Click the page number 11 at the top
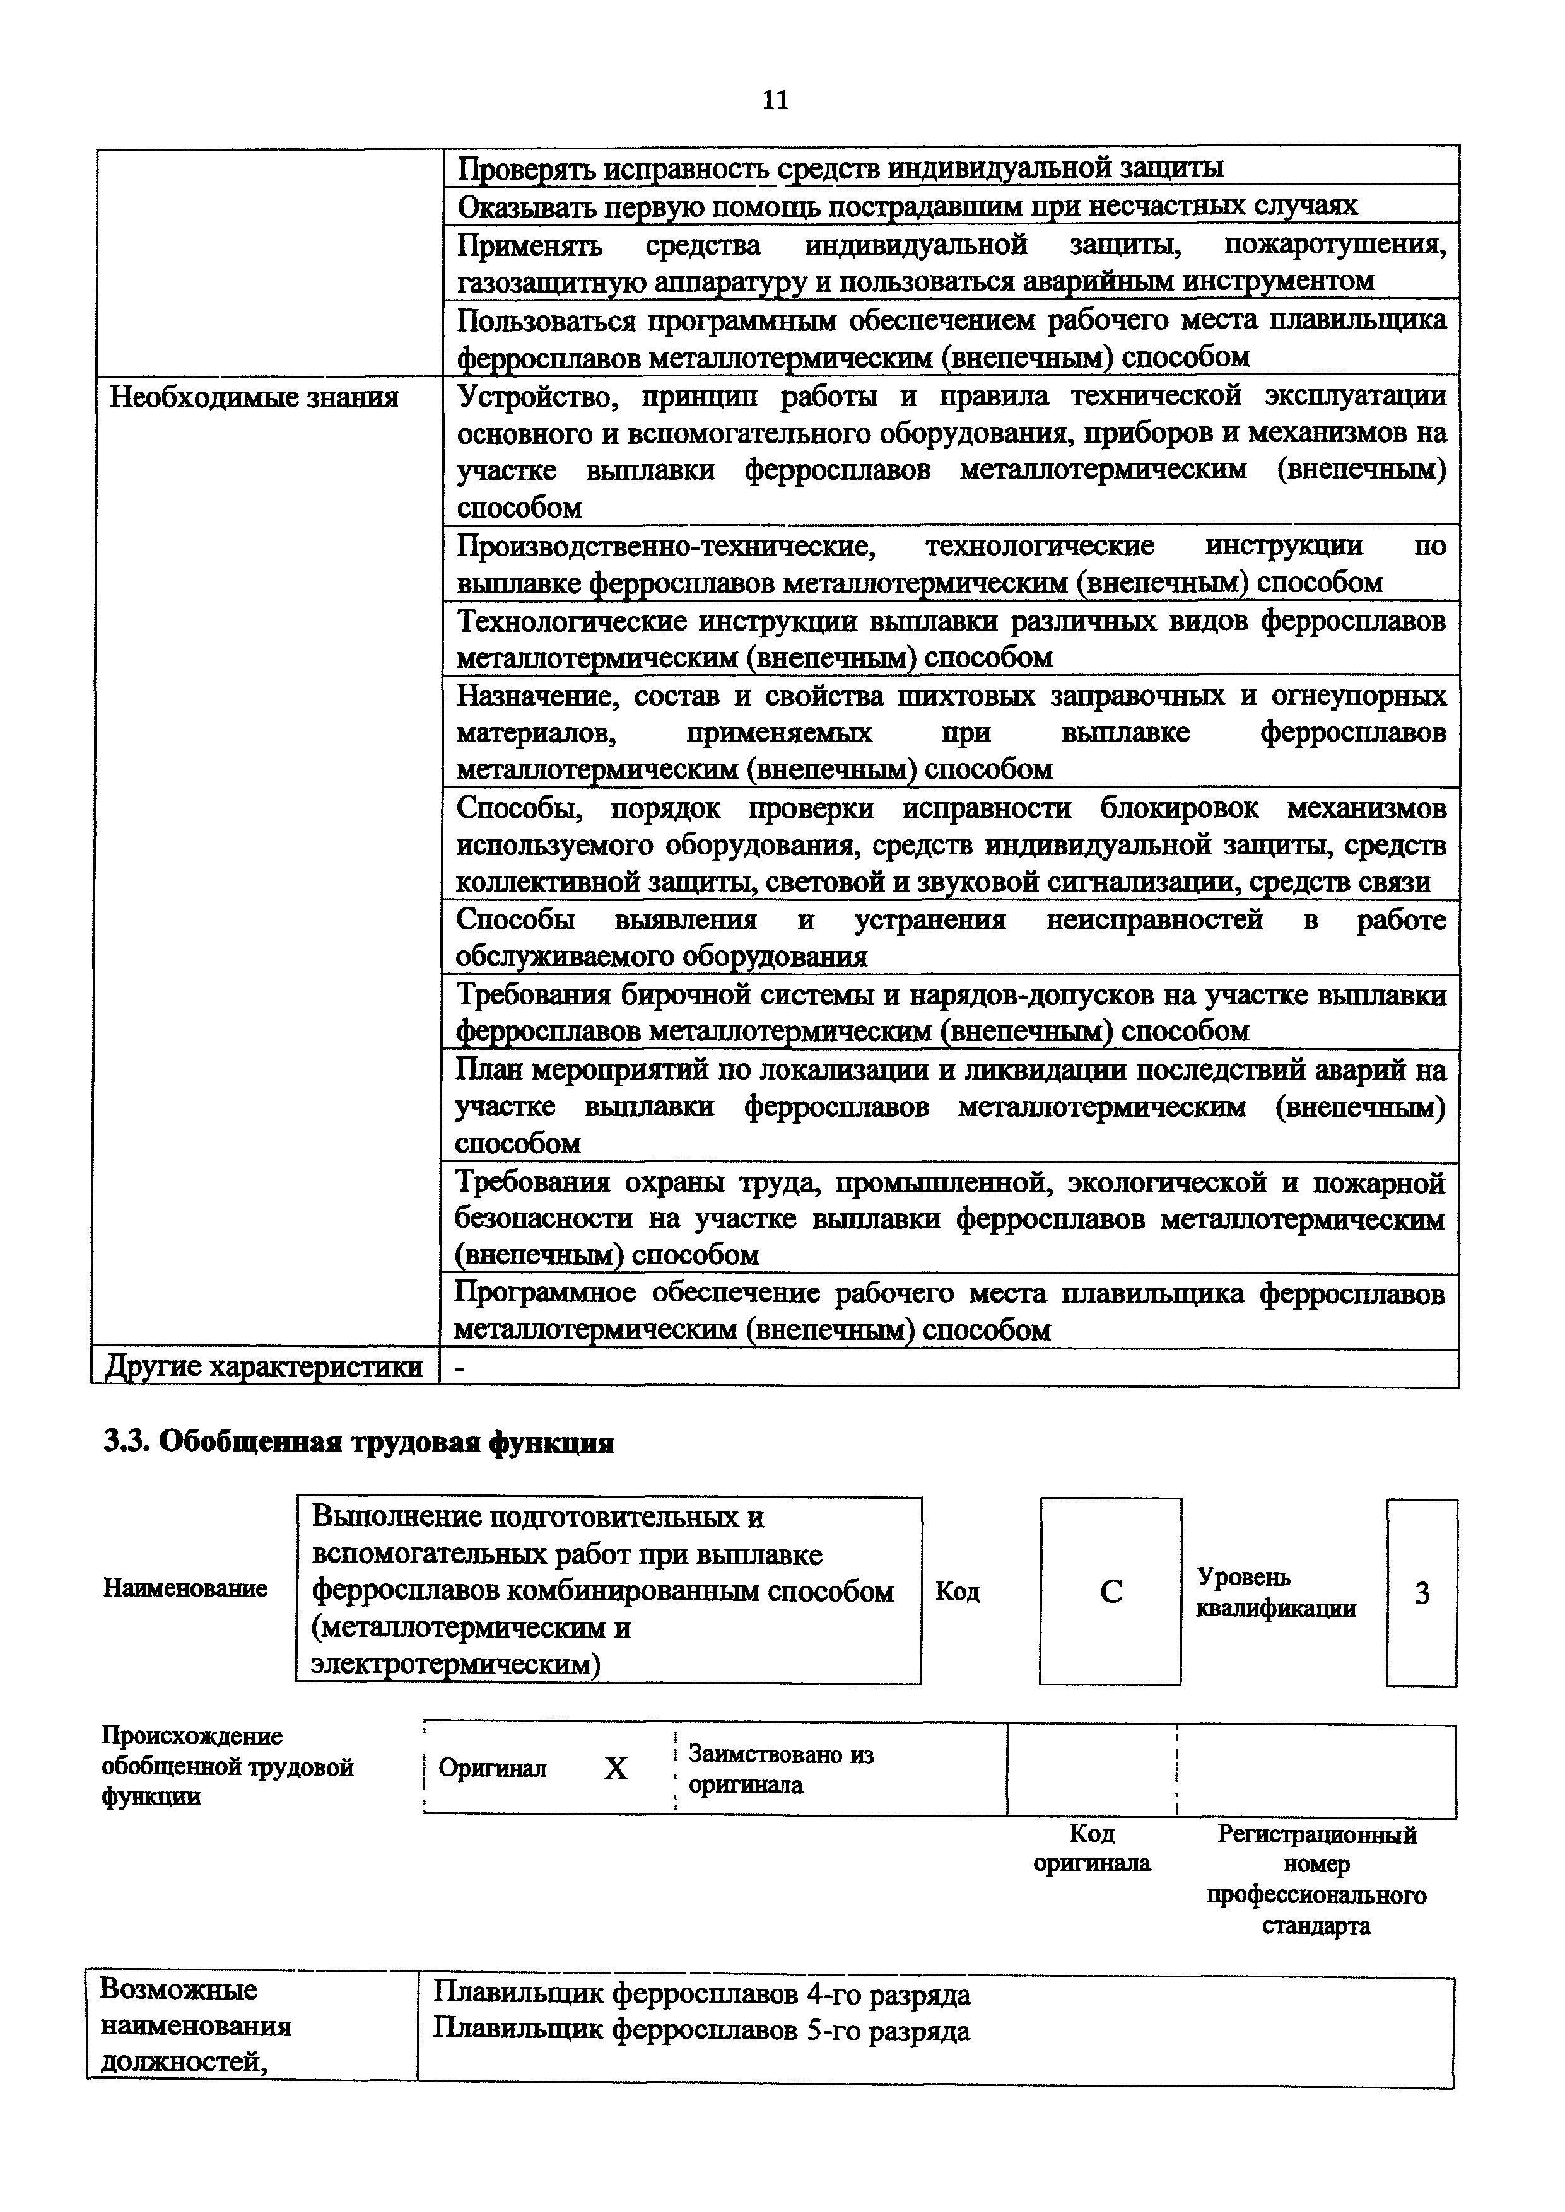(775, 100)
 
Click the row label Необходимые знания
(254, 397)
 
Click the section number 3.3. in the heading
(126, 1442)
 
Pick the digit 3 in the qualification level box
(1421, 1593)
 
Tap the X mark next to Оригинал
(615, 1769)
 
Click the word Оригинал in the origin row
(493, 1769)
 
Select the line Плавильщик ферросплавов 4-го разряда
(701, 1993)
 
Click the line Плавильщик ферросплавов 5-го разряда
(701, 2031)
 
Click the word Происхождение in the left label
(192, 1736)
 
